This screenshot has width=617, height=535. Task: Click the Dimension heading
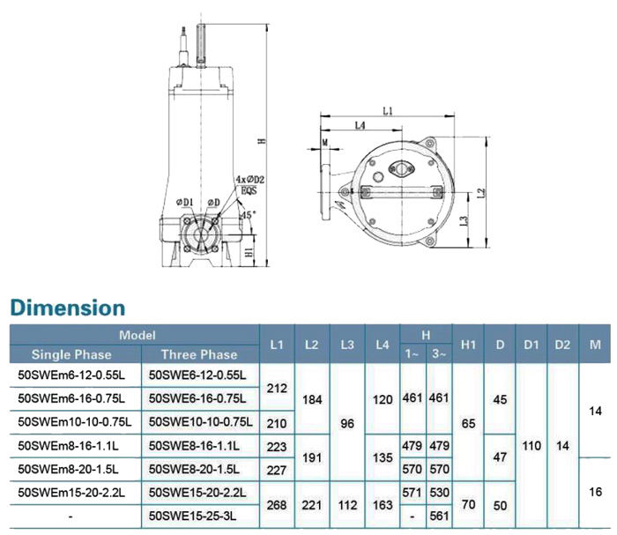click(x=68, y=308)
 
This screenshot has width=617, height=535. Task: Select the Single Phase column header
click(x=71, y=354)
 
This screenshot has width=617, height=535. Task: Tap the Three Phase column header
click(x=199, y=354)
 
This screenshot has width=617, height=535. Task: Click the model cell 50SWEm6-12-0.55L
click(x=71, y=375)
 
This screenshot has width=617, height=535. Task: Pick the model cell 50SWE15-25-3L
click(x=192, y=516)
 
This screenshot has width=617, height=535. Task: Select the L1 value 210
click(x=277, y=423)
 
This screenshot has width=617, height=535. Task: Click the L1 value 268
click(x=277, y=505)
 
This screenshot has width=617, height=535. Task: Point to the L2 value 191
click(x=312, y=458)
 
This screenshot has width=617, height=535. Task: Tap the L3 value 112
click(x=347, y=505)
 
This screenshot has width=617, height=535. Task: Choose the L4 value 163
click(x=383, y=505)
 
